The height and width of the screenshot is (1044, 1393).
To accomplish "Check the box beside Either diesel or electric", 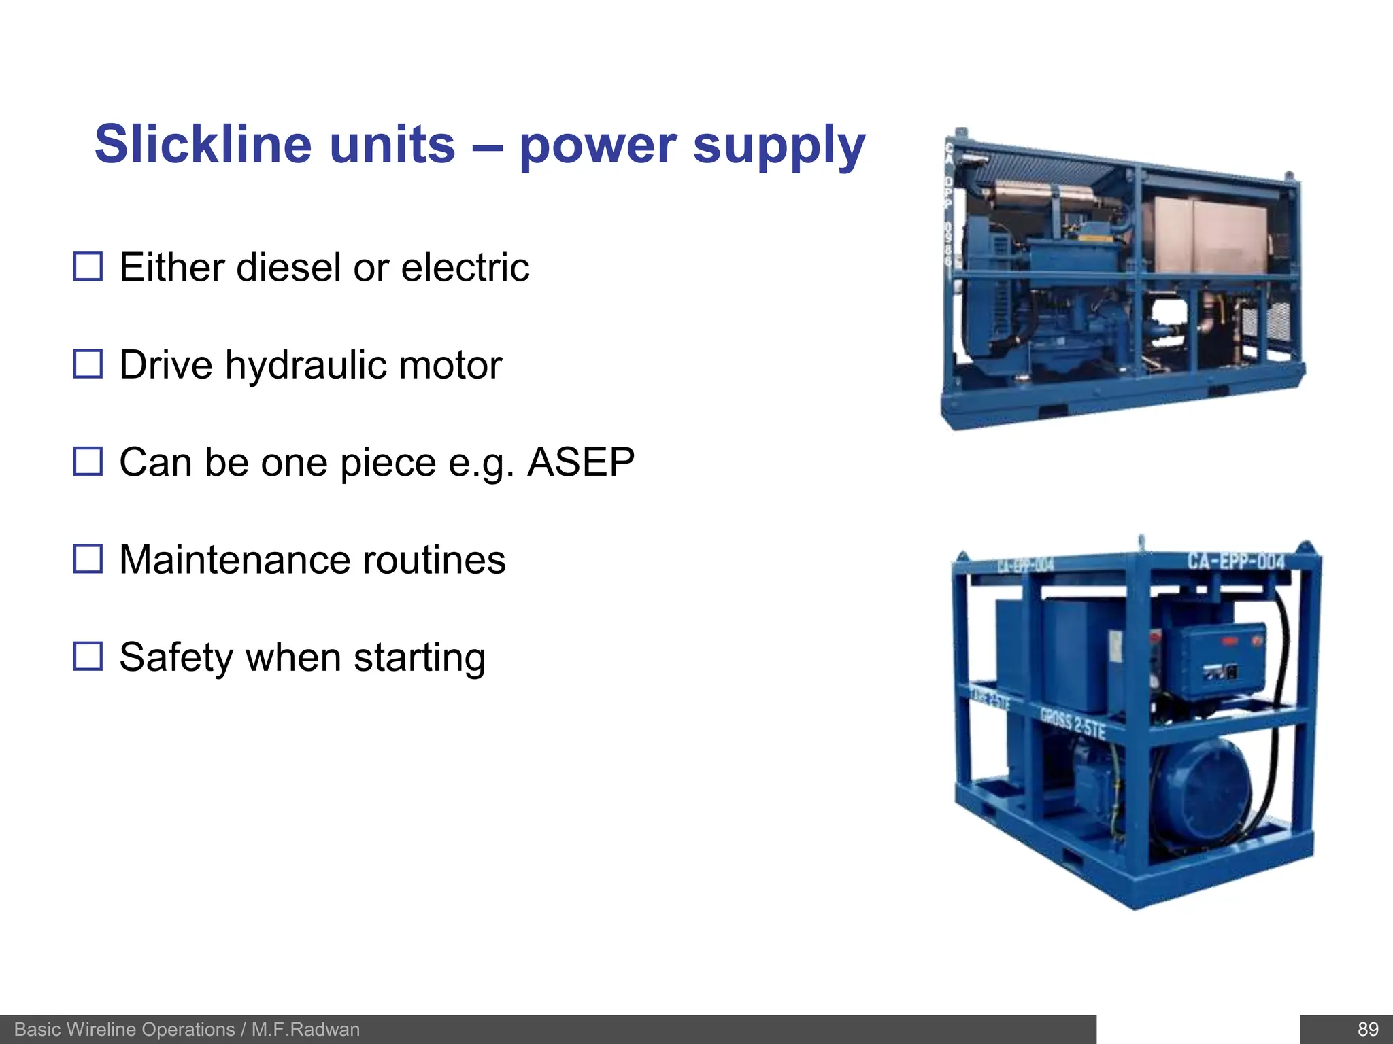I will pyautogui.click(x=88, y=266).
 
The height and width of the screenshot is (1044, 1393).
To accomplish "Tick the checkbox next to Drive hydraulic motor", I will pyautogui.click(x=88, y=364).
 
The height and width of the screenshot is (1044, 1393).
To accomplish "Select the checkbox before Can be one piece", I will pyautogui.click(x=88, y=462).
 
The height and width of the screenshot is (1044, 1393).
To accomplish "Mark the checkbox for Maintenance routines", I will pyautogui.click(x=88, y=559).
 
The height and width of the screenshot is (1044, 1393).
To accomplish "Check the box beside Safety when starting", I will pyautogui.click(x=88, y=657).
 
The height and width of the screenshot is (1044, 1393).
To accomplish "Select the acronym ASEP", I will pyautogui.click(x=581, y=462).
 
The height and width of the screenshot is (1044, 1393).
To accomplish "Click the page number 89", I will pyautogui.click(x=1368, y=1029).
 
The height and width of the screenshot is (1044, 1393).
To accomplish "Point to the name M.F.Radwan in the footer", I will pyautogui.click(x=305, y=1029).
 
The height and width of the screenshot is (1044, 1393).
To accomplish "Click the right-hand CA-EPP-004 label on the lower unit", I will pyautogui.click(x=1236, y=561).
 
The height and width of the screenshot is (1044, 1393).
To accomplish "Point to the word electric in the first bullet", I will pyautogui.click(x=465, y=267).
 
